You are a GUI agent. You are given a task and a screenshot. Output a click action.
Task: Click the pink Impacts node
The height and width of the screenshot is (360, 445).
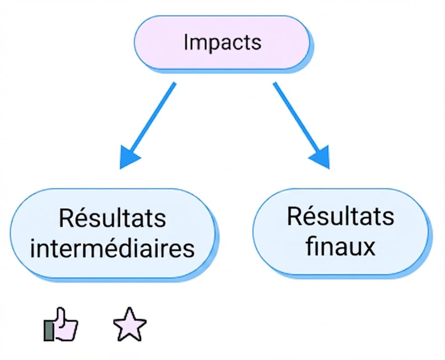coord(222,43)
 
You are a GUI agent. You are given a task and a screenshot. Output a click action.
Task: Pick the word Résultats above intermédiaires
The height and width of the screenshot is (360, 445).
coord(113,218)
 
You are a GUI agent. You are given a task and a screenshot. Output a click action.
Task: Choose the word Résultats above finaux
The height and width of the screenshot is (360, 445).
coord(341,216)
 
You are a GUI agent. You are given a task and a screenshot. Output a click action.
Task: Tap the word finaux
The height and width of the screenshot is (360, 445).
coord(341,246)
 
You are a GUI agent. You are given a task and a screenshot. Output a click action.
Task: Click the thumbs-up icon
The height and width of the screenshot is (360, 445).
coord(61,324)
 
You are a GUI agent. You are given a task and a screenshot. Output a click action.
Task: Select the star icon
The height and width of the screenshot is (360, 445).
coord(130,324)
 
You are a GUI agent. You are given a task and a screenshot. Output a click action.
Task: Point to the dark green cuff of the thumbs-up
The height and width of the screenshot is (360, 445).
coord(49,330)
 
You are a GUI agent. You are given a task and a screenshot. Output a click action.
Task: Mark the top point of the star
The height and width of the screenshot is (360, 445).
coord(130,308)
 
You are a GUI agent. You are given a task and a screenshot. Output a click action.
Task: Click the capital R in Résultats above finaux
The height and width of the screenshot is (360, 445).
coord(294,216)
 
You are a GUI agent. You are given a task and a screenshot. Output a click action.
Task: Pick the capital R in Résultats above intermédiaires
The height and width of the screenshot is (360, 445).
coord(66,218)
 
